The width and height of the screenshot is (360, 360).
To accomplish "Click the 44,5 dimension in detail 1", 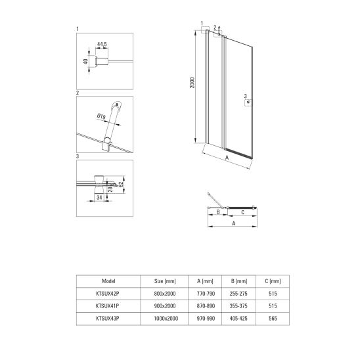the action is (x=102, y=44).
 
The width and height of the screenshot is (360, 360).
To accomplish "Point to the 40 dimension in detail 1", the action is (x=85, y=61).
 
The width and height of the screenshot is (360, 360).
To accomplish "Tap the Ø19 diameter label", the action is (x=101, y=116).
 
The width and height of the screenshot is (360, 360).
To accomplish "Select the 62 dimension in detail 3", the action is (x=121, y=184).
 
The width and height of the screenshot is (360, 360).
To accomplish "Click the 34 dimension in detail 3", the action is (x=99, y=197).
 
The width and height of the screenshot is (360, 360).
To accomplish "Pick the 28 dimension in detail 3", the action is (x=110, y=189).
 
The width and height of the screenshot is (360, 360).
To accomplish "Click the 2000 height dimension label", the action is (x=192, y=83).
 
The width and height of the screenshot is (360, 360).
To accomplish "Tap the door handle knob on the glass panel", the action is (x=248, y=102).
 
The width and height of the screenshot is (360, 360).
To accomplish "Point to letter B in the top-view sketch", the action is (x=218, y=212).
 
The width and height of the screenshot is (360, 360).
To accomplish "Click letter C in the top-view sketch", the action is (x=242, y=213).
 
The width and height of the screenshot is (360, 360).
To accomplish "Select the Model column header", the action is (x=108, y=281).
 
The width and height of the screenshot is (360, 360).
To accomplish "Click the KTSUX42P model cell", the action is (x=108, y=294).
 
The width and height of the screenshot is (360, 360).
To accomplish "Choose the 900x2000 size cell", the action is (x=165, y=306).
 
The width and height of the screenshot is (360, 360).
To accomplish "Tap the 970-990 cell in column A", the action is (x=206, y=319).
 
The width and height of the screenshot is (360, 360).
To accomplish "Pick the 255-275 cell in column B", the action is (x=238, y=294).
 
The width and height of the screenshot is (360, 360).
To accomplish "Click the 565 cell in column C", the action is (x=273, y=319).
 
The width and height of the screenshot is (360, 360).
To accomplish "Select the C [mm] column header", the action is (x=273, y=281).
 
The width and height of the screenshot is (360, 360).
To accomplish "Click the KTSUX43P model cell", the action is (x=108, y=319).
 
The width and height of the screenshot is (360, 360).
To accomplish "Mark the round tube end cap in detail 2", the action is (x=117, y=104).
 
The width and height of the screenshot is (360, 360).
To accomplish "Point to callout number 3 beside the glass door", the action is (x=245, y=96).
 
